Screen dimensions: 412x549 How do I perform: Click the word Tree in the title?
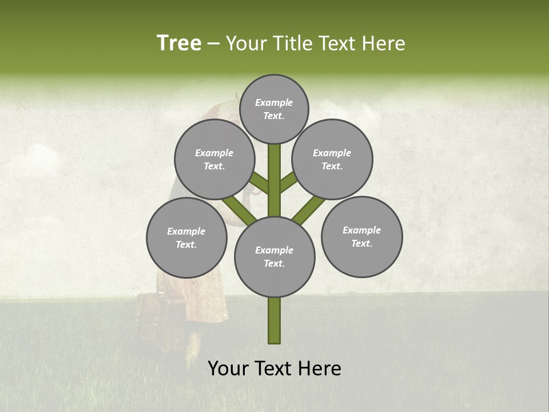[179, 43]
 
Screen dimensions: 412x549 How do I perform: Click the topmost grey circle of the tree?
[274, 109]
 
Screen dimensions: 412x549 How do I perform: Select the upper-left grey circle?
[214, 160]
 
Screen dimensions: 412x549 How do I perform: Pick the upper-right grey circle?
[332, 160]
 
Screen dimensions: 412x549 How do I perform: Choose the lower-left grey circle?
[186, 237]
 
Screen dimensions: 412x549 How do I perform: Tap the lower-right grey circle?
[361, 236]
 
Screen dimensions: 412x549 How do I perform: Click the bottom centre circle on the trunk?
[274, 257]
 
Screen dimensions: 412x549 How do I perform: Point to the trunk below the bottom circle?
[274, 320]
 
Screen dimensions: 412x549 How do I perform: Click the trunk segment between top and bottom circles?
[274, 180]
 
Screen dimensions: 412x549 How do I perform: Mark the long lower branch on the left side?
[239, 208]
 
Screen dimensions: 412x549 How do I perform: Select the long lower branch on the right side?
[309, 209]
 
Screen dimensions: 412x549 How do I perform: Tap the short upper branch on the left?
[260, 183]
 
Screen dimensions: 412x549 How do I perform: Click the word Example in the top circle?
[274, 102]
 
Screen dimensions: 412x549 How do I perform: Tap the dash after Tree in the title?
[213, 44]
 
